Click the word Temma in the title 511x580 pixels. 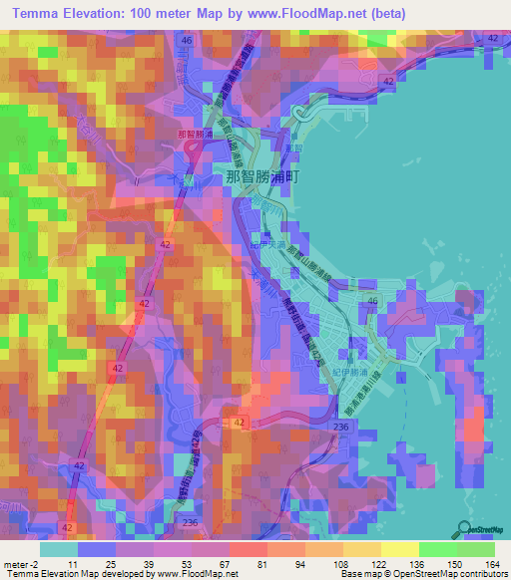pyautogui.click(x=43, y=13)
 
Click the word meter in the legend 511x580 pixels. pyautogui.click(x=14, y=564)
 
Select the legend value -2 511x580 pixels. pyautogui.click(x=35, y=564)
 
